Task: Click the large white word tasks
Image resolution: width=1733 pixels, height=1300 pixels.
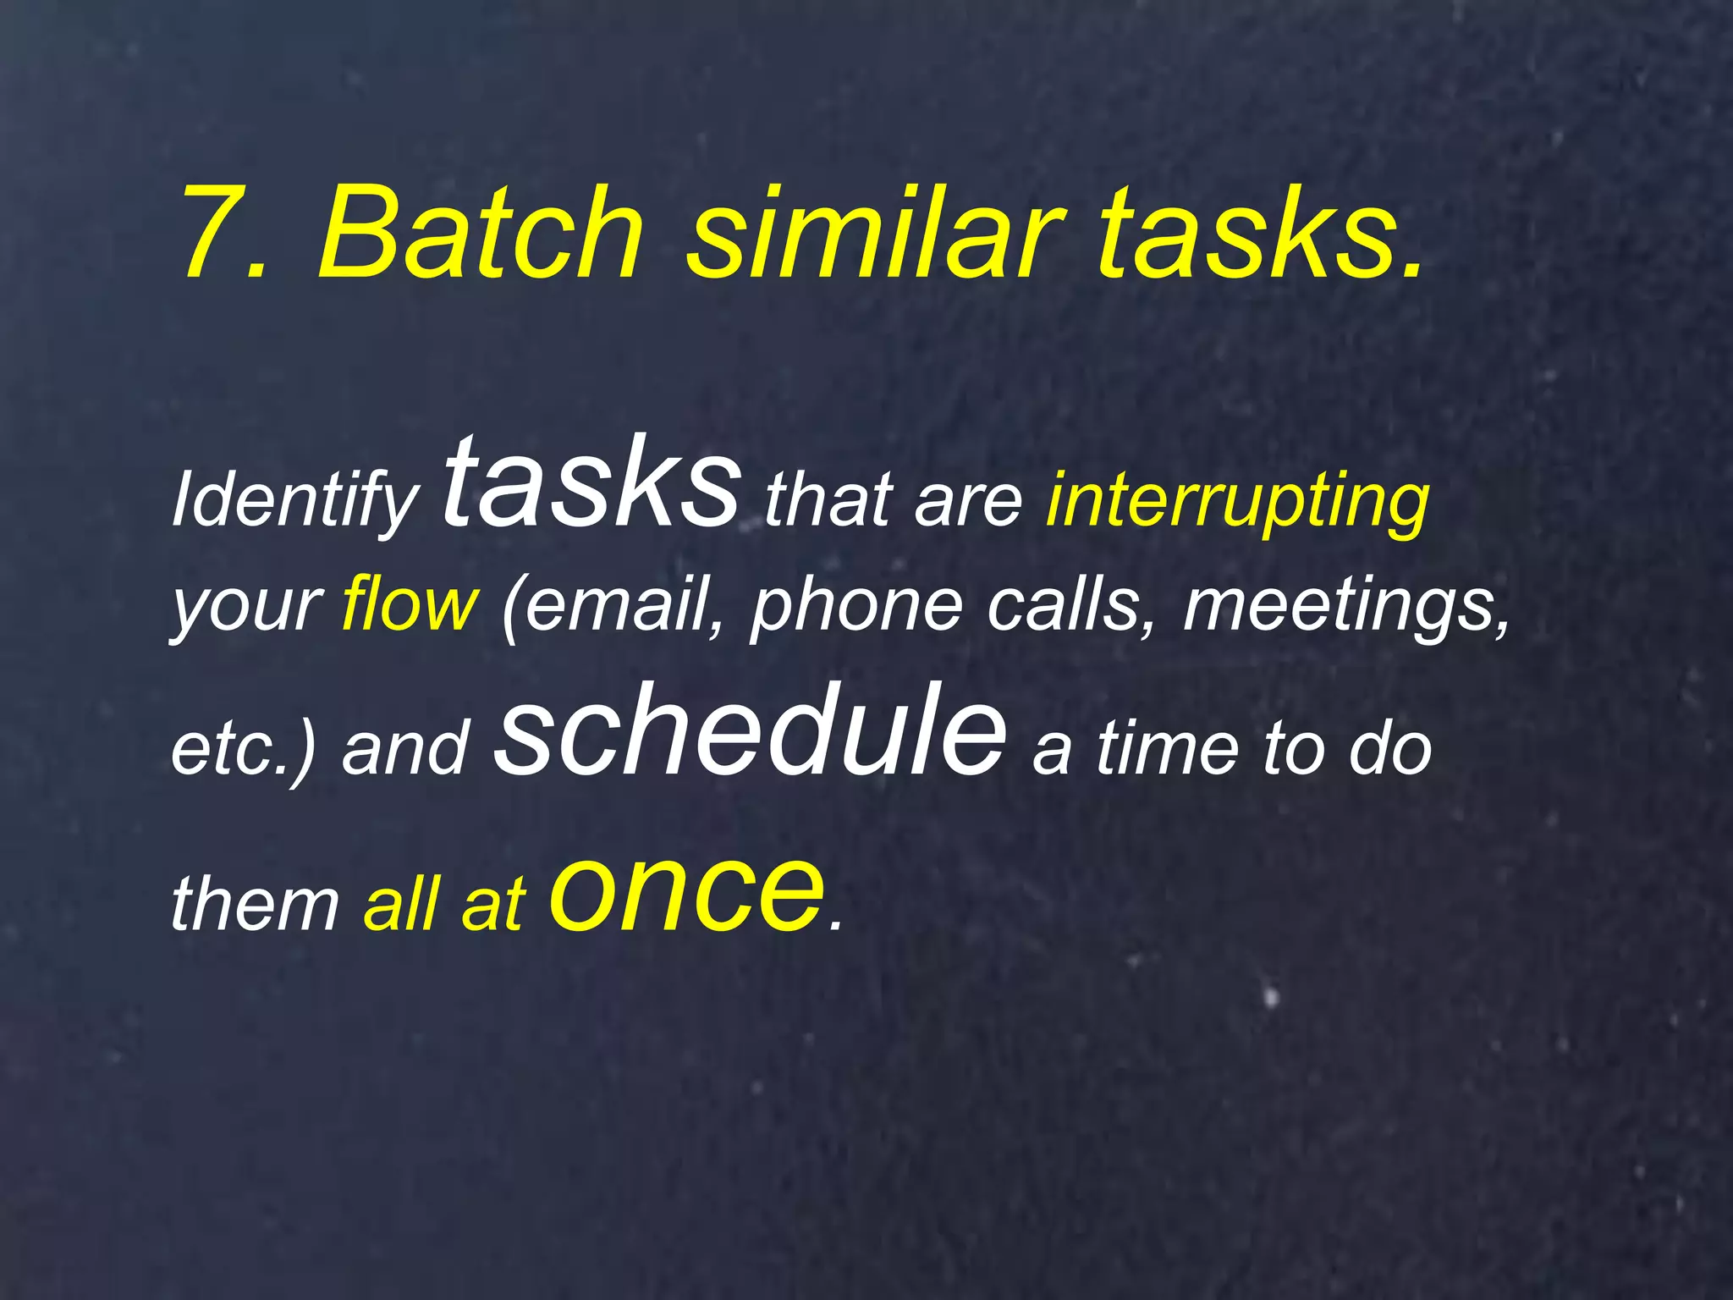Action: pyautogui.click(x=591, y=487)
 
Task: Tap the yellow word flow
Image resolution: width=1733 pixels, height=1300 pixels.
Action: pyautogui.click(x=410, y=606)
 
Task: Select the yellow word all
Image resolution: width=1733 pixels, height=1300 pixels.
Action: pyautogui.click(x=399, y=903)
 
